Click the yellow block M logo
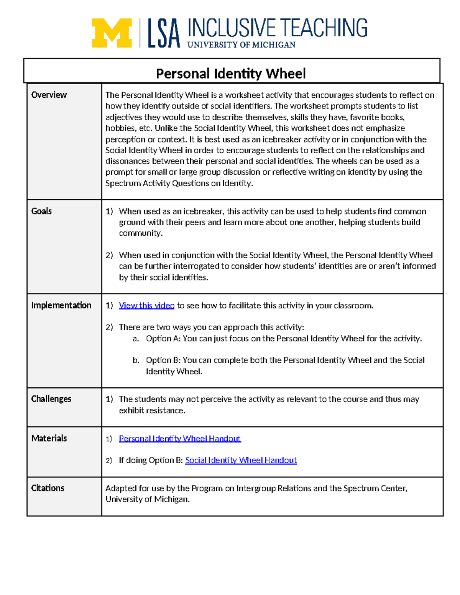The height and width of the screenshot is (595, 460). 112,33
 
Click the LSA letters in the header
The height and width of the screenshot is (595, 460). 164,34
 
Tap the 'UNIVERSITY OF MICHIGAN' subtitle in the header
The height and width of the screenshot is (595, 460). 241,45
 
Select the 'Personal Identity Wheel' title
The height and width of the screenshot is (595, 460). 231,73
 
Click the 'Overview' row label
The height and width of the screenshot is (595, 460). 49,95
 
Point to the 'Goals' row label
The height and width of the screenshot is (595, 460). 41,211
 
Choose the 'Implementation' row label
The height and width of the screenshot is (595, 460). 61,305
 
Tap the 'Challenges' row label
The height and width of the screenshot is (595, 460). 51,399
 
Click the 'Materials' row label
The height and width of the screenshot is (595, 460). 49,438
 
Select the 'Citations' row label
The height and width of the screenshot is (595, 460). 48,488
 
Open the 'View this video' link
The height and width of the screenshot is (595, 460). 146,305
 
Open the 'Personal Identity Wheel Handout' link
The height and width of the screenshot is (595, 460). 180,438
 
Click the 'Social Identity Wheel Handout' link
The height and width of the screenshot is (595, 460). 241,460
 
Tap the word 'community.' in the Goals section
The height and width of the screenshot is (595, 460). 141,233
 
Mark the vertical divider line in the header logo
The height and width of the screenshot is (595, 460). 140,33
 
